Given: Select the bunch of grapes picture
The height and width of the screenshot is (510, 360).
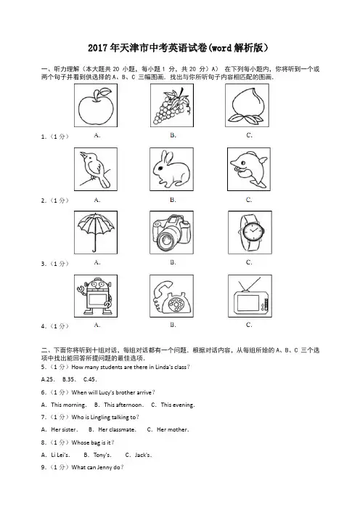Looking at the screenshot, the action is coord(171,105).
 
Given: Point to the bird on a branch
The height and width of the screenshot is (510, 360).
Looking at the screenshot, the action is coord(97,169).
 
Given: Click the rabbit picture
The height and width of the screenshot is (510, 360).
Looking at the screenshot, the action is coord(171,169).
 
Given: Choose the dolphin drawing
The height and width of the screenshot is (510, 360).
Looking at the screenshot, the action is coord(248,169).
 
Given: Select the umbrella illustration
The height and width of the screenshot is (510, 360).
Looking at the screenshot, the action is coord(97,232).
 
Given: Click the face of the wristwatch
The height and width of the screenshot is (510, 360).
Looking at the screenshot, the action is coord(251,232).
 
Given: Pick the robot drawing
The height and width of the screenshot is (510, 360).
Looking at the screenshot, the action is coord(95,296).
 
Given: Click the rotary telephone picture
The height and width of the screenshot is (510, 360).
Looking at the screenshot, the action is coord(171,296).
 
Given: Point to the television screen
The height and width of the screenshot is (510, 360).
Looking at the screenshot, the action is coord(248,303).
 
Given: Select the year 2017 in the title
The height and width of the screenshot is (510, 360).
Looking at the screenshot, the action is coord(98,48).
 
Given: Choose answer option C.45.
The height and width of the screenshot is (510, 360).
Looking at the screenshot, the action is coord(90,379).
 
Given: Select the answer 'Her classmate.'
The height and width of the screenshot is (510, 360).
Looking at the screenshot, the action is coord(117,429).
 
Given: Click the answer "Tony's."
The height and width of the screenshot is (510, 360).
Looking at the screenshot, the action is coord(102,455).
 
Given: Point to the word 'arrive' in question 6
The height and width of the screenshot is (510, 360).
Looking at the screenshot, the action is coord(144,392).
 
